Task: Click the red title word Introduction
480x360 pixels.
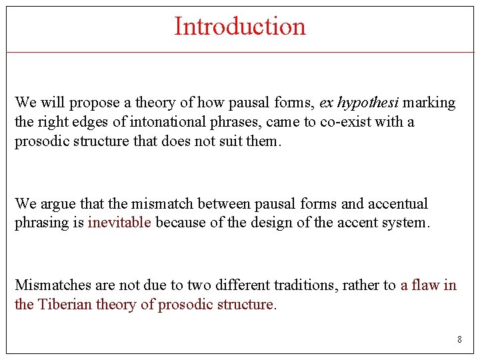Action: [x=240, y=27]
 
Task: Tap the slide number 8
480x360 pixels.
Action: [x=459, y=340]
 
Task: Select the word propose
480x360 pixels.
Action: [x=94, y=103]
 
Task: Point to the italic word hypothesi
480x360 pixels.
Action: [x=369, y=103]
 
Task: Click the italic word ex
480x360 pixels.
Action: [x=326, y=103]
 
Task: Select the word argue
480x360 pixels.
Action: [x=57, y=204]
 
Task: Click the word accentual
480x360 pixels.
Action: [x=397, y=204]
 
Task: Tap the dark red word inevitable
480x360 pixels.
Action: [x=119, y=223]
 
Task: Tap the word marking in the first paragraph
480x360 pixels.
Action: [x=429, y=103]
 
